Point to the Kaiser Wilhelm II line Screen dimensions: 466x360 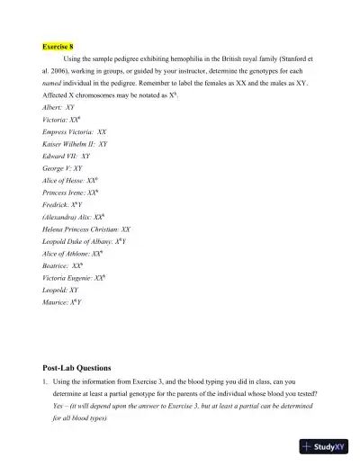tap(75, 143)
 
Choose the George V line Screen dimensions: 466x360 tap(62, 167)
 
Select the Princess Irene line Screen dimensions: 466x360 tap(70, 193)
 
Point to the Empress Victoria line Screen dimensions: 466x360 tap(74, 131)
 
